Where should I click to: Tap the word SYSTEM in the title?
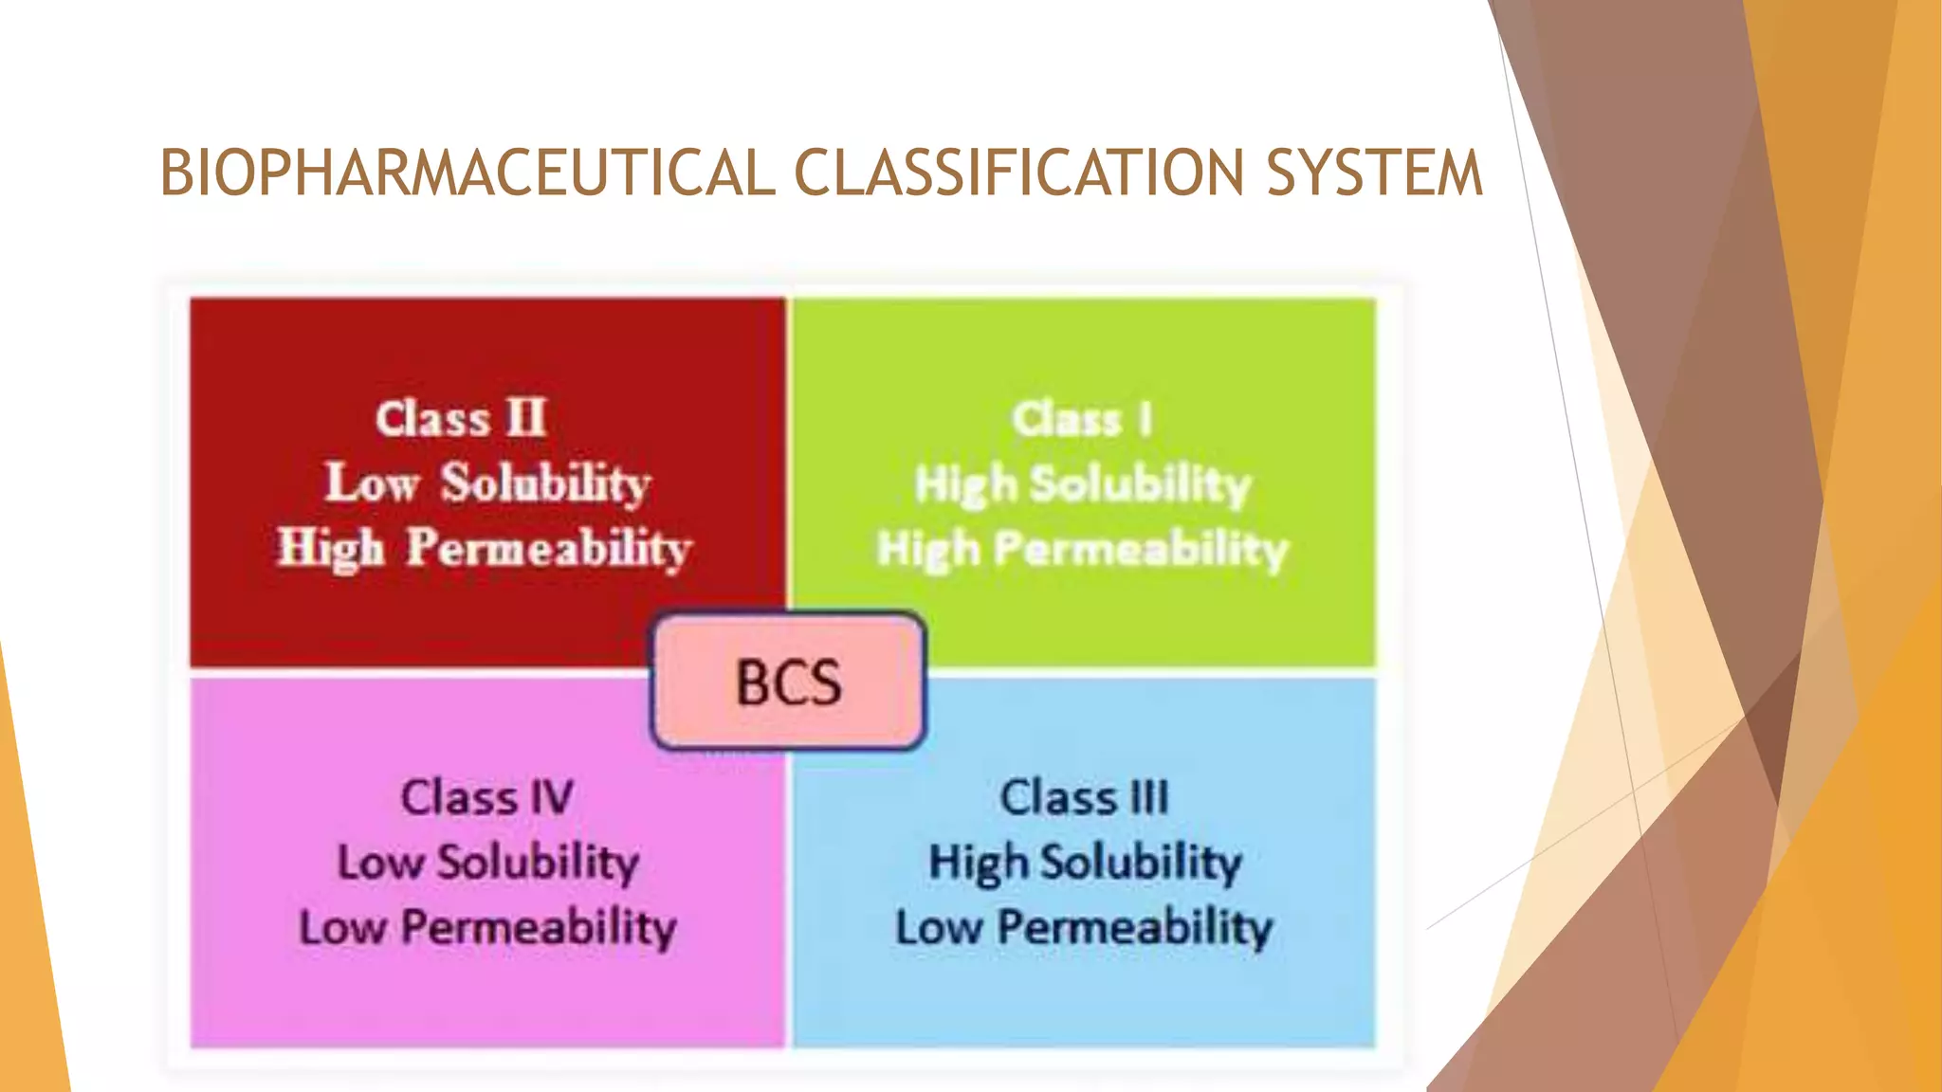coord(1374,173)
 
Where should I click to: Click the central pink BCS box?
coord(788,682)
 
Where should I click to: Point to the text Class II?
coord(461,419)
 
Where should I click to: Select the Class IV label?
coord(486,797)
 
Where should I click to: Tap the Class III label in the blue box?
coord(1084,797)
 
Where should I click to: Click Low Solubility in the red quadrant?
coord(487,483)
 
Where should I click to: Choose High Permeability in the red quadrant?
coord(485,549)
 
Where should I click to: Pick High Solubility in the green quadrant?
coord(1083,484)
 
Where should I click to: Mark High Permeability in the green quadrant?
coord(1083,549)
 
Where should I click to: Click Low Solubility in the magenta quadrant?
coord(488,863)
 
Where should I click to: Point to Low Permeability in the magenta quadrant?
coord(487,927)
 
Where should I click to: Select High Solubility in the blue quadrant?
coord(1084,863)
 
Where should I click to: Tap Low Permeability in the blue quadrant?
coord(1084,927)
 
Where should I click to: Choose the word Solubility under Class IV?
coord(538,863)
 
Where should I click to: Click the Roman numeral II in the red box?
coord(526,418)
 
